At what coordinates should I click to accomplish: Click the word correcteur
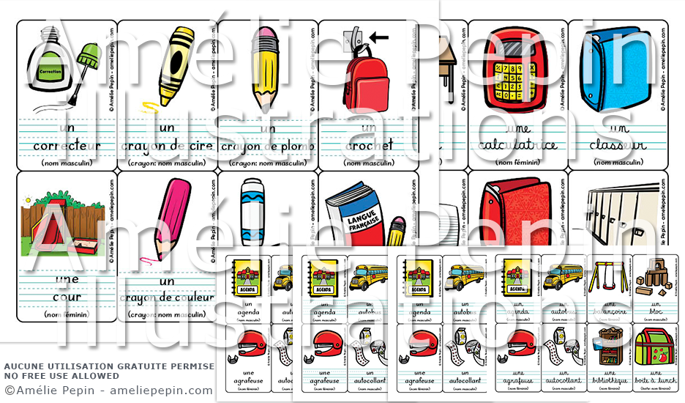tap(67, 145)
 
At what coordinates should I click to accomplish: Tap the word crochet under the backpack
tap(367, 145)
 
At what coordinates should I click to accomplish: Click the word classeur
tap(617, 145)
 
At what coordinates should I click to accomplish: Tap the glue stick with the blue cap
tap(253, 212)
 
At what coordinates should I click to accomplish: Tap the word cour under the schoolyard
tap(66, 297)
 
